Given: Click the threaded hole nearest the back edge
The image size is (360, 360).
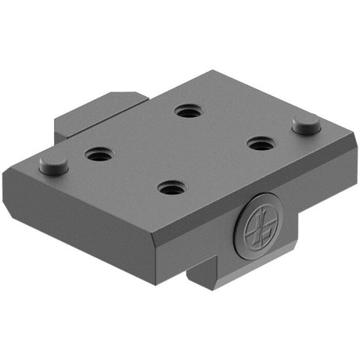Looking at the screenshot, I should [x=187, y=112].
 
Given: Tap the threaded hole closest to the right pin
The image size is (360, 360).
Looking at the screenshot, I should [x=260, y=143].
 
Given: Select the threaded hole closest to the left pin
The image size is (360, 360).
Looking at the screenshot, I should [x=99, y=155].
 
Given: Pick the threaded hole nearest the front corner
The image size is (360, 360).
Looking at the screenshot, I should [x=172, y=187].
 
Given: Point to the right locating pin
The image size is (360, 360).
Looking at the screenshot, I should [x=307, y=124].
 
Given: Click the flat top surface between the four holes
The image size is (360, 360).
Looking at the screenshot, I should [x=180, y=150].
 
